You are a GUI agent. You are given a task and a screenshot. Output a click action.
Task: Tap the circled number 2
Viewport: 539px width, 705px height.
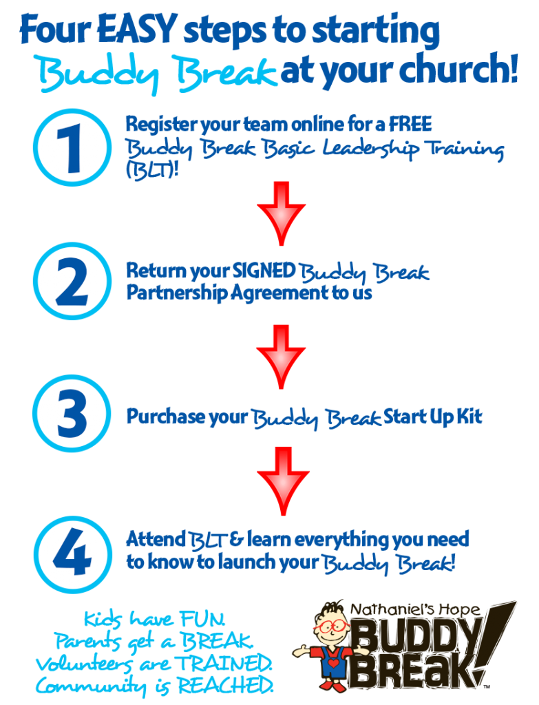[x=71, y=281]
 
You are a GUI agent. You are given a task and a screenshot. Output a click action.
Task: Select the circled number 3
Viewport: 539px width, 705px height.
[x=71, y=413]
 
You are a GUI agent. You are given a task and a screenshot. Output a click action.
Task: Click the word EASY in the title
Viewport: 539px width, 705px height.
[x=135, y=31]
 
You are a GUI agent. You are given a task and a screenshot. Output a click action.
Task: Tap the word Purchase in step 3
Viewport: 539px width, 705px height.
[x=165, y=417]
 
